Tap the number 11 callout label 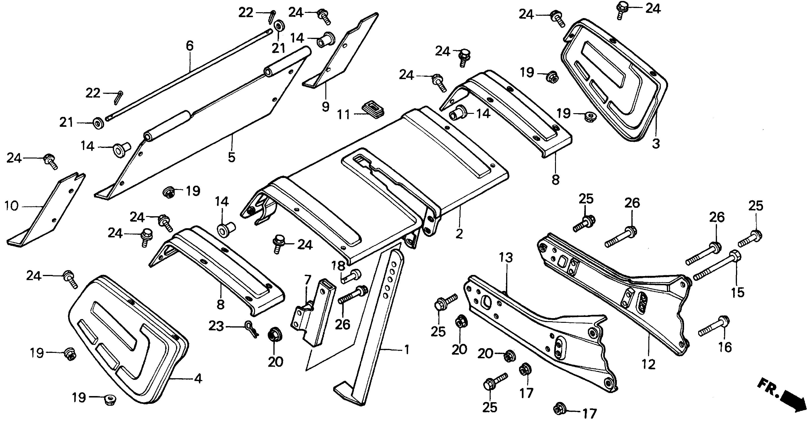click(x=343, y=115)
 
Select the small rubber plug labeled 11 click(x=373, y=109)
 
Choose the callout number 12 click(x=649, y=364)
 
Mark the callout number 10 click(x=12, y=206)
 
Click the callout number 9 click(x=326, y=106)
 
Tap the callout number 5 click(x=232, y=157)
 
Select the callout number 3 click(x=656, y=144)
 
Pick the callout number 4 click(x=198, y=379)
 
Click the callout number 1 click(x=407, y=349)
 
